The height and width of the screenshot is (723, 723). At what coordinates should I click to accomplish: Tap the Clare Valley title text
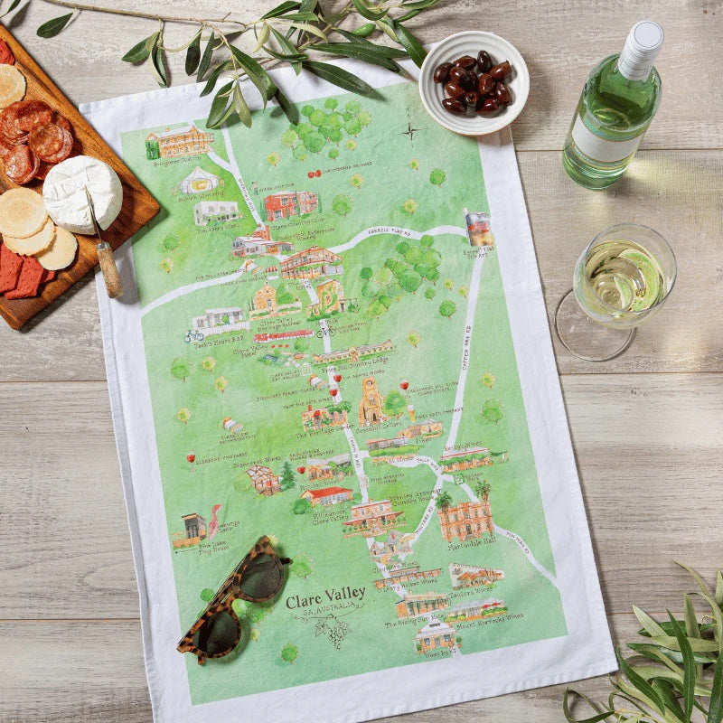click(326, 595)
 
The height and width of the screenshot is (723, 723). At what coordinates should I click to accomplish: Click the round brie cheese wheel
click(82, 192)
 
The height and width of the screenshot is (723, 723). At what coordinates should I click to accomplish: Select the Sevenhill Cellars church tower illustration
click(370, 402)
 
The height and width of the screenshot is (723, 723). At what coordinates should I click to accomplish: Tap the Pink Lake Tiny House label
click(202, 548)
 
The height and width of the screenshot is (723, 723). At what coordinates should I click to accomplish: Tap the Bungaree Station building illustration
click(178, 143)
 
